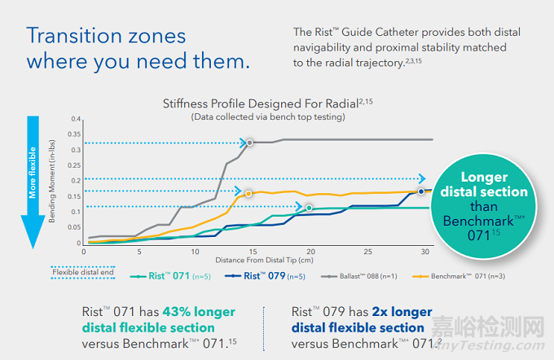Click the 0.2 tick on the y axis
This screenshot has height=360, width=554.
click(x=77, y=181)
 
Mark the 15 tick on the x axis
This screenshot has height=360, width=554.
click(x=253, y=252)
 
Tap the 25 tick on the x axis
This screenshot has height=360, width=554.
click(x=367, y=252)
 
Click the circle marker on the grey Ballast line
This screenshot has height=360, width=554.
click(x=250, y=143)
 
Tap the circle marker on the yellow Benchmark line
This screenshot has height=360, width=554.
click(x=247, y=193)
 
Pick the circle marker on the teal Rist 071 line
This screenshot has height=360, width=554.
click(x=310, y=208)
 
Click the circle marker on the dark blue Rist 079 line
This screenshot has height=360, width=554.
click(x=422, y=191)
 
